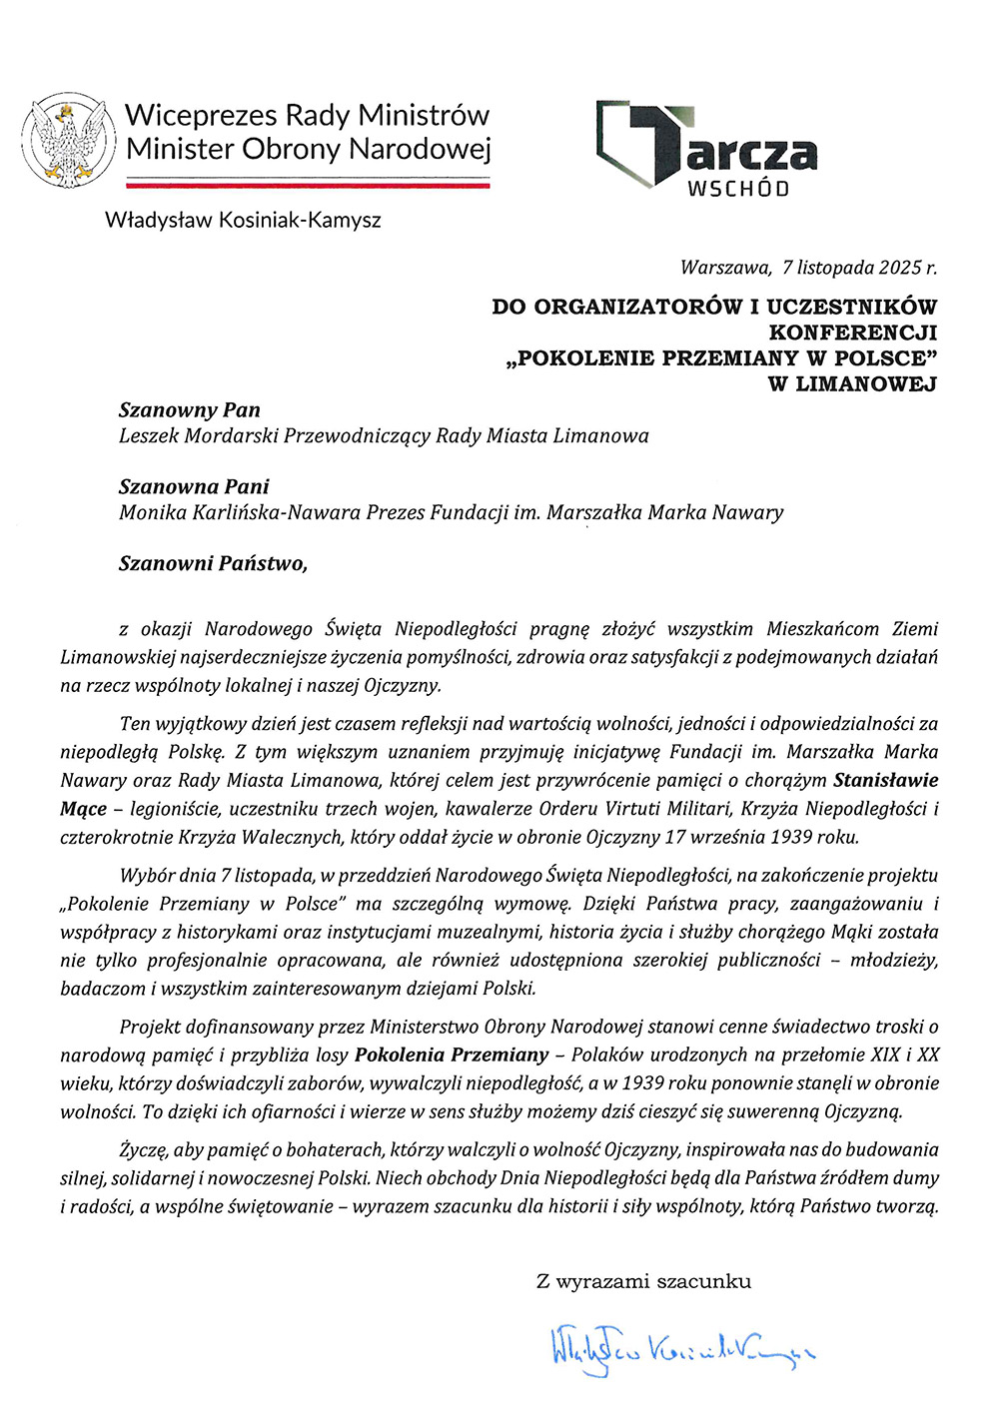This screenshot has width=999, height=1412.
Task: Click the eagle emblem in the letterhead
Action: point(68,140)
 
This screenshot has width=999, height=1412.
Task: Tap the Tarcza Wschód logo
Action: point(706,148)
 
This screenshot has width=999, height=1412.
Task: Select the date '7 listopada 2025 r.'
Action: point(859,268)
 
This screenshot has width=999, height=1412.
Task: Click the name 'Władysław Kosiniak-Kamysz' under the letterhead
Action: point(243,220)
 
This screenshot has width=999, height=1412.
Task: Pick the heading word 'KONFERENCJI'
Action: point(852,333)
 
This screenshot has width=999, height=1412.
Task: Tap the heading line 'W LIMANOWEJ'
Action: point(852,384)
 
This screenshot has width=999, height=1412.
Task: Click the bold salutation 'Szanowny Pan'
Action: point(190,410)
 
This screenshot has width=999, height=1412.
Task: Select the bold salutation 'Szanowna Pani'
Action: point(194,487)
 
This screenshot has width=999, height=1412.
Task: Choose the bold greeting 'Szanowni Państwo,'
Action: point(213,564)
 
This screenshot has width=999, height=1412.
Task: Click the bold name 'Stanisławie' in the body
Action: point(885,780)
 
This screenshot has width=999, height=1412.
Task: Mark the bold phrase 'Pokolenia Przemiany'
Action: point(452,1056)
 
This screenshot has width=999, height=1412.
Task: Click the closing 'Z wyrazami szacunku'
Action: point(643,1281)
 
